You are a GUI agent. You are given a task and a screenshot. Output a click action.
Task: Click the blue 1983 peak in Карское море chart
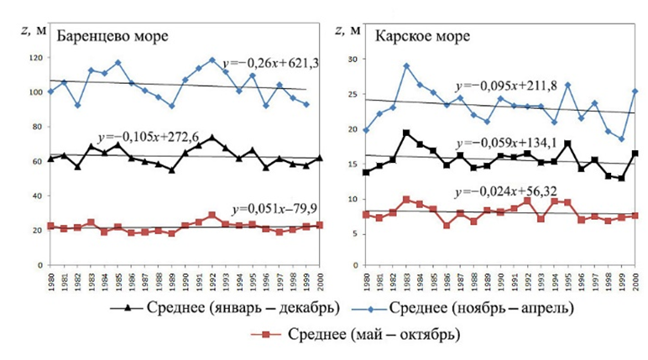click(x=406, y=65)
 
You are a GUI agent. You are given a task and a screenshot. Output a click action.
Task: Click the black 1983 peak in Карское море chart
click(x=406, y=133)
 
